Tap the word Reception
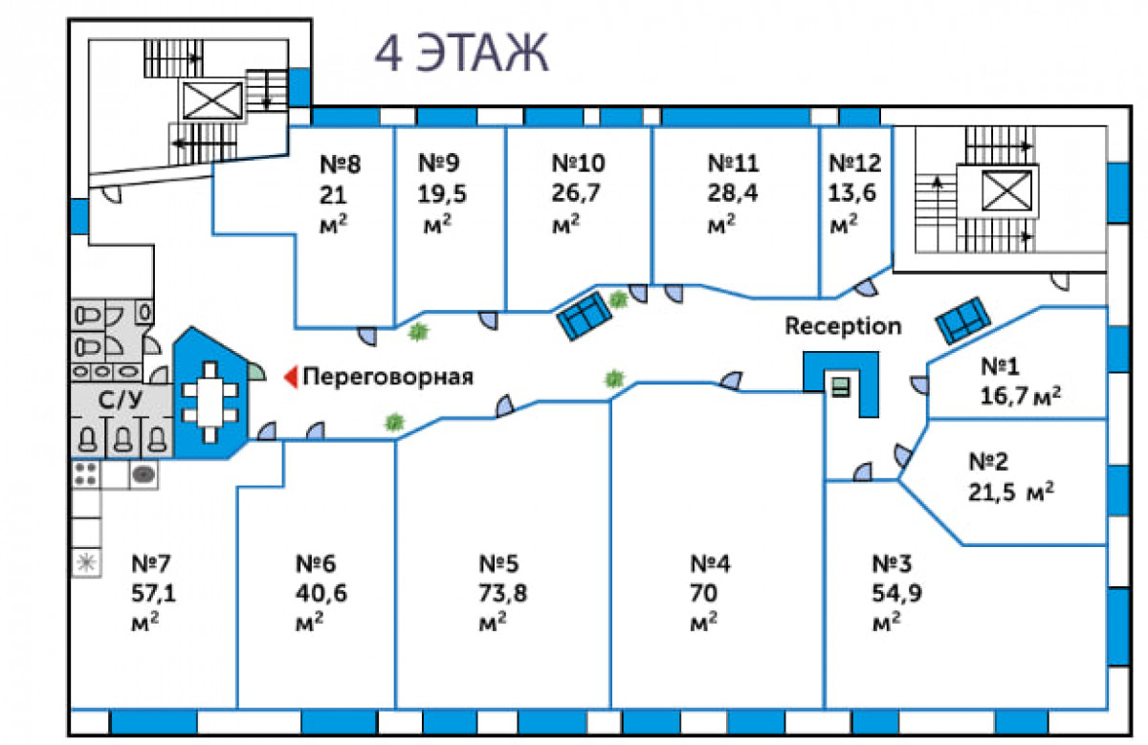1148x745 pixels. click(x=843, y=326)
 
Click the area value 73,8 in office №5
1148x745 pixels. click(x=502, y=592)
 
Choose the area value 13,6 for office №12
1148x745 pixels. click(x=851, y=193)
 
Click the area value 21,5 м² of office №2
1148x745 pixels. click(x=1012, y=493)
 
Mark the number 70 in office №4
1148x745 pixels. click(x=703, y=592)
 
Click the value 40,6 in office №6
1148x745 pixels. click(x=320, y=592)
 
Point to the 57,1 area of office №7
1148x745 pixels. click(x=153, y=592)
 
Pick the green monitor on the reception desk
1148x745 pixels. click(x=839, y=387)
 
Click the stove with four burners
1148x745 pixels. click(x=87, y=474)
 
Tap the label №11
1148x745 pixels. click(x=732, y=163)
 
